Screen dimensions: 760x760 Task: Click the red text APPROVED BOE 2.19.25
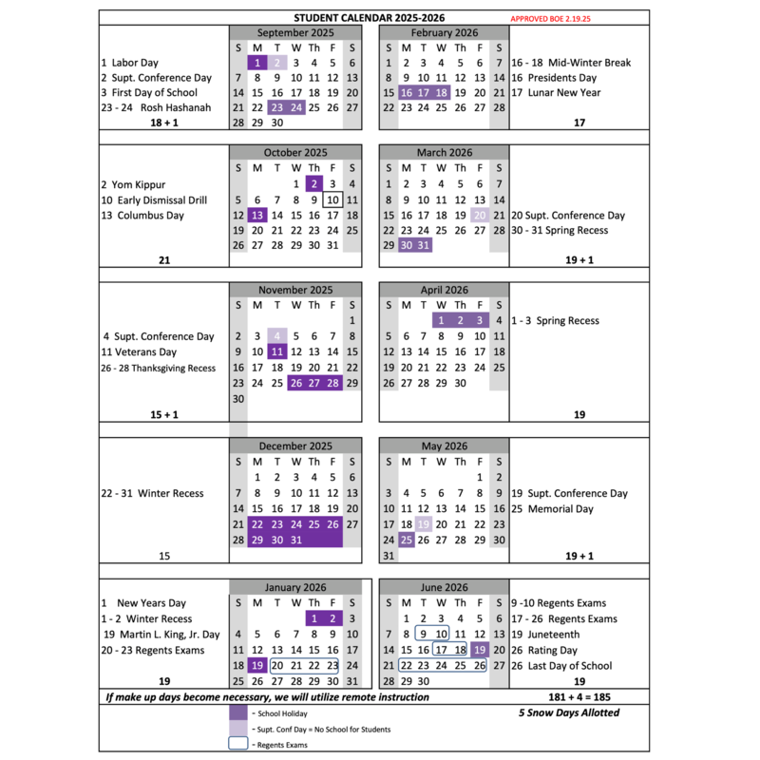click(549, 19)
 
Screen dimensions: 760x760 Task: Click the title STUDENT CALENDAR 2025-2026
click(370, 18)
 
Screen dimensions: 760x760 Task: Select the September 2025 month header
click(294, 32)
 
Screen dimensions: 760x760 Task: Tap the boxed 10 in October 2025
click(332, 199)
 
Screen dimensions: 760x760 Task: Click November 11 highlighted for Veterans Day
click(276, 351)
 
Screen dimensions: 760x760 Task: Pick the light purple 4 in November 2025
click(276, 336)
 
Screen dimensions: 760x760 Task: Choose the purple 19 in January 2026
click(257, 666)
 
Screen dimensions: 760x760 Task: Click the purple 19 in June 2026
click(480, 650)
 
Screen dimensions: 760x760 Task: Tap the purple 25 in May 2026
click(406, 540)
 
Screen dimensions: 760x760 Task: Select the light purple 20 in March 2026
click(480, 216)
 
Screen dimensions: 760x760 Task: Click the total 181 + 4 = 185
click(578, 697)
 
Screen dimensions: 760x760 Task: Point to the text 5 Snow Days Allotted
click(569, 712)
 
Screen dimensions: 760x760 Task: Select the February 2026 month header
click(444, 32)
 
